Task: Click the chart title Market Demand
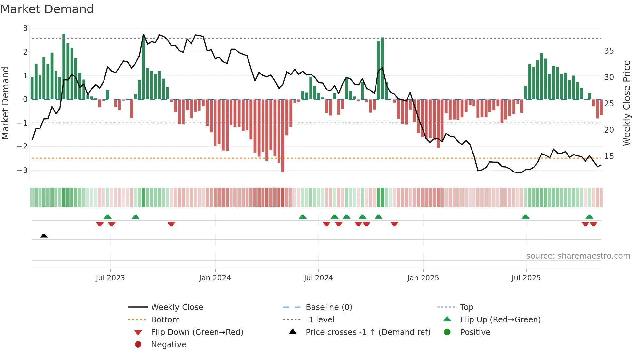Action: click(47, 9)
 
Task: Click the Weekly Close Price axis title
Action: click(626, 103)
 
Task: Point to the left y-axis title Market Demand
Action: click(5, 103)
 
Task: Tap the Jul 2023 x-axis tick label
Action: click(110, 278)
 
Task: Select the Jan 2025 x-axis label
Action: click(423, 278)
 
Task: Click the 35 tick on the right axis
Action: click(609, 51)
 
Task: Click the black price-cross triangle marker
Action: click(44, 236)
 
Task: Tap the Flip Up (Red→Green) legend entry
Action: click(500, 320)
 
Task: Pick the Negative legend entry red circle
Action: click(138, 345)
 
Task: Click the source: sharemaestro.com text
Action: click(578, 256)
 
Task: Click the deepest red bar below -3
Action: click(283, 136)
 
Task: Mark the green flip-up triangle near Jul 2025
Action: click(525, 217)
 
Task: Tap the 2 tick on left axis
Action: click(25, 52)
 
